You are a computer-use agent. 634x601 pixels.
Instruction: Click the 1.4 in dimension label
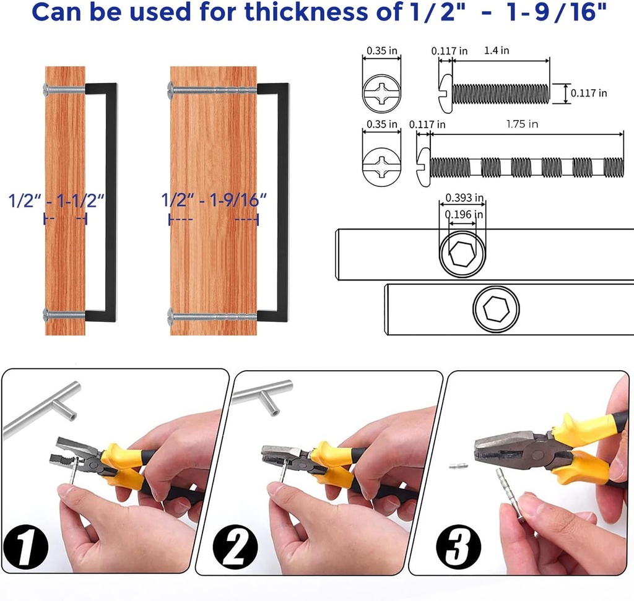[x=497, y=51]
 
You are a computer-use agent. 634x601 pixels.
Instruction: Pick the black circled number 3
[x=458, y=545]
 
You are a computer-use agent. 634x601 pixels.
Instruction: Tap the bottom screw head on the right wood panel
[x=172, y=316]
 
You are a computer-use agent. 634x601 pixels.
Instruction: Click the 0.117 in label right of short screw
[x=588, y=93]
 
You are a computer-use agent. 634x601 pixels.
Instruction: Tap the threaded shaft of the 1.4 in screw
[x=500, y=93]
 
